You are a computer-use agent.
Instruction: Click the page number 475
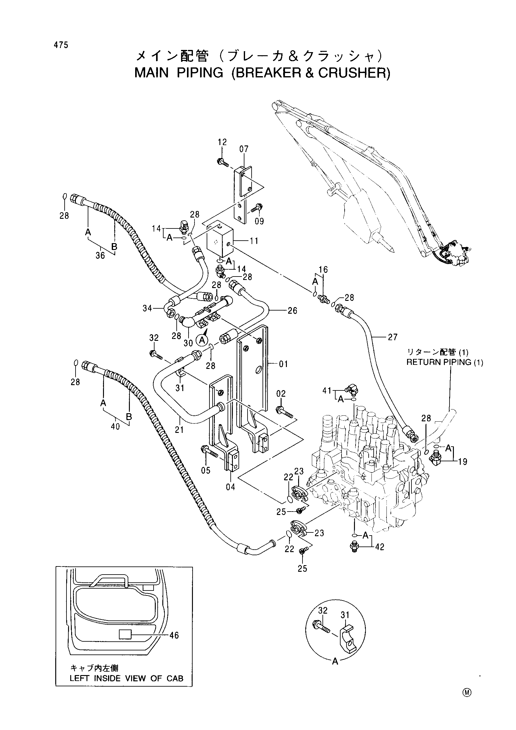coord(61,45)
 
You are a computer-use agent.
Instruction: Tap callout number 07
coord(244,149)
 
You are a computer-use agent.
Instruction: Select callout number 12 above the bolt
coord(222,142)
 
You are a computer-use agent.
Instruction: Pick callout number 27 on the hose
coord(393,337)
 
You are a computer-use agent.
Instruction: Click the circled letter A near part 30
coord(201,341)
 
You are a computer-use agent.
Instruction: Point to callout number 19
coord(463,462)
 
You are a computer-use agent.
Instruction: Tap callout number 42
coord(380,547)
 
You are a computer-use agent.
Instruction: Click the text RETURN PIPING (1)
coord(445,362)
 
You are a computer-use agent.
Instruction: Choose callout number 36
coord(100,255)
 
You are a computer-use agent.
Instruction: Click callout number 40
coord(115,426)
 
